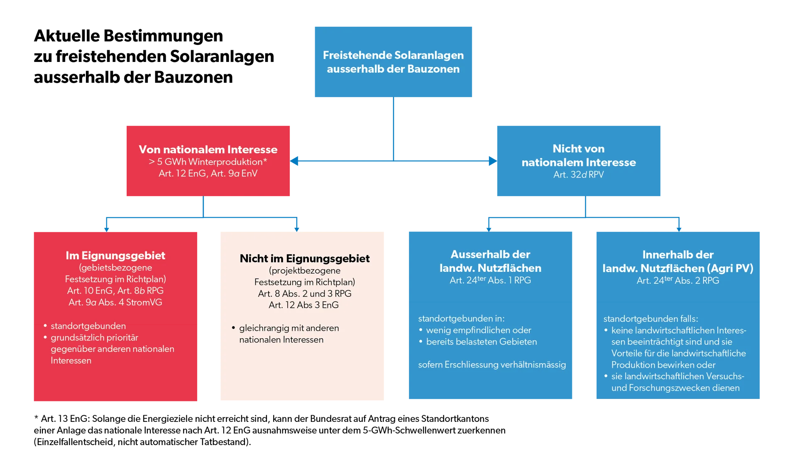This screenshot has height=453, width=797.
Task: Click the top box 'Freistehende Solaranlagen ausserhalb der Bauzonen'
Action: tap(393, 62)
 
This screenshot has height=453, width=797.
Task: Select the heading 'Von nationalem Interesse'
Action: tap(208, 149)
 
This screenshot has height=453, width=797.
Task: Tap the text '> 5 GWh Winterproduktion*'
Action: tap(208, 162)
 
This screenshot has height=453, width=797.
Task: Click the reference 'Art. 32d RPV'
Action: tap(579, 175)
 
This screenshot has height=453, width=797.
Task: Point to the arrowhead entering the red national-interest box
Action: tap(294, 161)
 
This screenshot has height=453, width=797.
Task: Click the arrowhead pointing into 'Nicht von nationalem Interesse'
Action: tap(493, 161)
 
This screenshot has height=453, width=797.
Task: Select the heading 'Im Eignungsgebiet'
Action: tap(115, 256)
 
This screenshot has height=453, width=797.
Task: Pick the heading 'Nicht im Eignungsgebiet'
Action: tap(305, 259)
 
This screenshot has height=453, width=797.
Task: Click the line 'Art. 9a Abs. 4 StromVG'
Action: tap(115, 302)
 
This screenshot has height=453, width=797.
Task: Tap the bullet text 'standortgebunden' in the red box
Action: tap(88, 326)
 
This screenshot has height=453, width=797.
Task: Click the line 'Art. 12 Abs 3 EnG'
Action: tap(303, 305)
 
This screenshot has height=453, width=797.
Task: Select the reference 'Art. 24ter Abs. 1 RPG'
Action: tap(490, 280)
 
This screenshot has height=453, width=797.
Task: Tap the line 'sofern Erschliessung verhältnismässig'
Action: tap(492, 364)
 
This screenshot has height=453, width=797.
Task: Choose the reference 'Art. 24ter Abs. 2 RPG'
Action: tap(678, 281)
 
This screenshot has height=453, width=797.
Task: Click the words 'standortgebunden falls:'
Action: tap(650, 319)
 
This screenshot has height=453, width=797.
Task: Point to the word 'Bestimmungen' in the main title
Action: tap(163, 36)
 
